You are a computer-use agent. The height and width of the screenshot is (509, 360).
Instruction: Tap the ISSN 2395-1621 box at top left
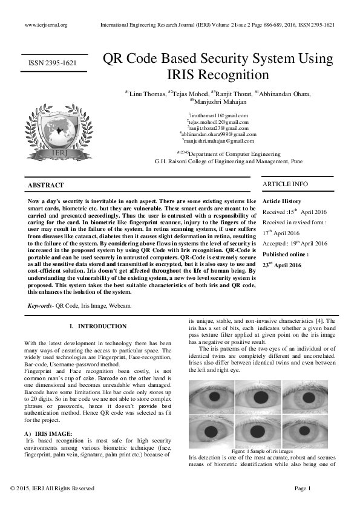pos(53,63)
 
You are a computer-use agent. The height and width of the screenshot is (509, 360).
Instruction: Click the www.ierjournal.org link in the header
pos(45,25)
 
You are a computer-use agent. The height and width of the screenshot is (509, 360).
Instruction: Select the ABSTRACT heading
pos(46,184)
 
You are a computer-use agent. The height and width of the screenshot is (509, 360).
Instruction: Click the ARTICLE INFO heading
pos(284,184)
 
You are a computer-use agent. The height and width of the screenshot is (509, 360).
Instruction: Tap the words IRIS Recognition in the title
pos(218,75)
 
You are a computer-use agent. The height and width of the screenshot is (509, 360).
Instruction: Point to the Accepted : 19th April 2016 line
pos(294,244)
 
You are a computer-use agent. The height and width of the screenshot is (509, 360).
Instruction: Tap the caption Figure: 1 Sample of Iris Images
pos(262,451)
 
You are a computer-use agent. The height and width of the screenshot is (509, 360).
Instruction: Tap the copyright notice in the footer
pos(53,488)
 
